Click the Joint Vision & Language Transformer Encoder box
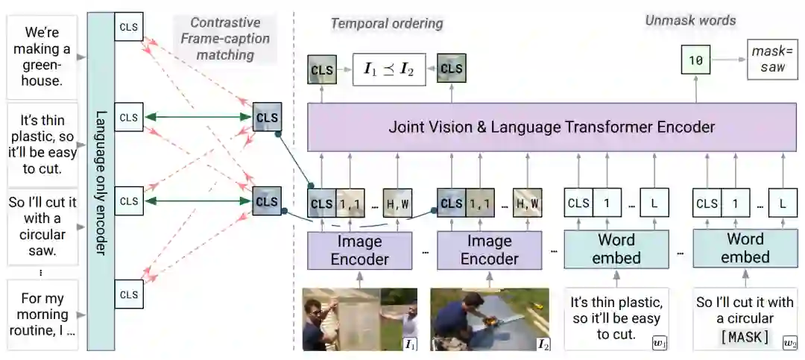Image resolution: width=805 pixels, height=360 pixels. (x=552, y=127)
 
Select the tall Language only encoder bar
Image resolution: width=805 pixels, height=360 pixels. (x=100, y=179)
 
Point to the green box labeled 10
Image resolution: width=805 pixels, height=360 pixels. (x=695, y=60)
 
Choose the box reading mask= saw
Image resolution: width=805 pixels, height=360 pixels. (x=771, y=60)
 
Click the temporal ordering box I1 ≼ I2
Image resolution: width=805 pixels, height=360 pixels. (x=388, y=69)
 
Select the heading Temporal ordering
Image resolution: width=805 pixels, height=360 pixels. (x=386, y=23)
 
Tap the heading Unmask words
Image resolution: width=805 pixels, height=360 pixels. (x=690, y=20)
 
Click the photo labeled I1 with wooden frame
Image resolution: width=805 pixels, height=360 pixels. (x=359, y=318)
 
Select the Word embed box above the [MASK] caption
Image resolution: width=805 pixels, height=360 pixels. (x=745, y=248)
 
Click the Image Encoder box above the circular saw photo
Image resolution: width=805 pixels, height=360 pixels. (x=489, y=249)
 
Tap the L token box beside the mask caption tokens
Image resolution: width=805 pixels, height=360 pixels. (x=782, y=203)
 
